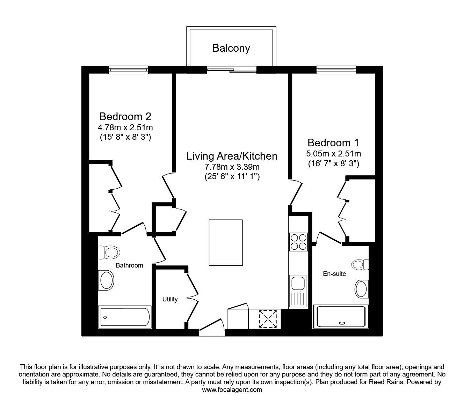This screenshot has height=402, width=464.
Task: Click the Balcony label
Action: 231,48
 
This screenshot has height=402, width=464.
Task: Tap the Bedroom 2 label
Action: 125,116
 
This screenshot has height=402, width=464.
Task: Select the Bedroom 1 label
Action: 333,142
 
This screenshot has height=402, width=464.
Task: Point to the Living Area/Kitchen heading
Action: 232,156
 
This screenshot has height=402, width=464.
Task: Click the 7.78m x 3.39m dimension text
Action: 232,167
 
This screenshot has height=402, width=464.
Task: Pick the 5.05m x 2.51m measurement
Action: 333,153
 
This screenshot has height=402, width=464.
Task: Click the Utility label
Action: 170,299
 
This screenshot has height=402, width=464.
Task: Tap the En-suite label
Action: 334,274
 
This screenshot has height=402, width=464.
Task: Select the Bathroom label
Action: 129,265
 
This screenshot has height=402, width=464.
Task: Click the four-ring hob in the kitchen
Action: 298,242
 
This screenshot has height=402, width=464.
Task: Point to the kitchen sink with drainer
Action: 298,290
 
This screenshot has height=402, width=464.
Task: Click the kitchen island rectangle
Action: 226,242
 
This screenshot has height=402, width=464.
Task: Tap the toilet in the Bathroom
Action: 109,252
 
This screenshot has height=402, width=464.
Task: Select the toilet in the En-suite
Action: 360,264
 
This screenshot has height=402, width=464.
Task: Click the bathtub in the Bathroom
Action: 125,317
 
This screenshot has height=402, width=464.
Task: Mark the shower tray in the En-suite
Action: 341,317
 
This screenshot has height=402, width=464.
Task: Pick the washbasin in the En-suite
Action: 362,289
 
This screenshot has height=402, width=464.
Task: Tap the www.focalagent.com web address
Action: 232,390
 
